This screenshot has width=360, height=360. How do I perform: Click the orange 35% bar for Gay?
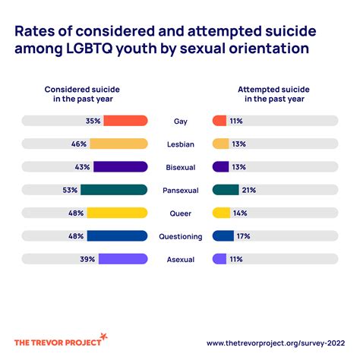pyautogui.click(x=125, y=121)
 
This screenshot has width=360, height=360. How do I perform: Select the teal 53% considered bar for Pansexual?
pyautogui.click(x=113, y=190)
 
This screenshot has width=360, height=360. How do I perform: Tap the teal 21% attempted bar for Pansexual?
pyautogui.click(x=226, y=190)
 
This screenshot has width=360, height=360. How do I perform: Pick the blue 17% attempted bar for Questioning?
pyautogui.click(x=223, y=236)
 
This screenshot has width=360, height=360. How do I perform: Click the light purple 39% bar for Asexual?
pyautogui.click(x=122, y=259)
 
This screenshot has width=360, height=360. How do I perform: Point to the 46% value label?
pyautogui.click(x=78, y=144)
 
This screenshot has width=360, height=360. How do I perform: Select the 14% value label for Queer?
pyautogui.click(x=242, y=213)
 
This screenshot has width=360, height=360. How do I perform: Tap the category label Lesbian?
pyautogui.click(x=179, y=144)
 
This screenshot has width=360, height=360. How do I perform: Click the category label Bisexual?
pyautogui.click(x=179, y=167)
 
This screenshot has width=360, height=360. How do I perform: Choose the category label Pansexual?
pyautogui.click(x=179, y=190)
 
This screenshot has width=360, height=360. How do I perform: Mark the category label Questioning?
pyautogui.click(x=179, y=236)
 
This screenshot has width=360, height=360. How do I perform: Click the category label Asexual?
pyautogui.click(x=179, y=259)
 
